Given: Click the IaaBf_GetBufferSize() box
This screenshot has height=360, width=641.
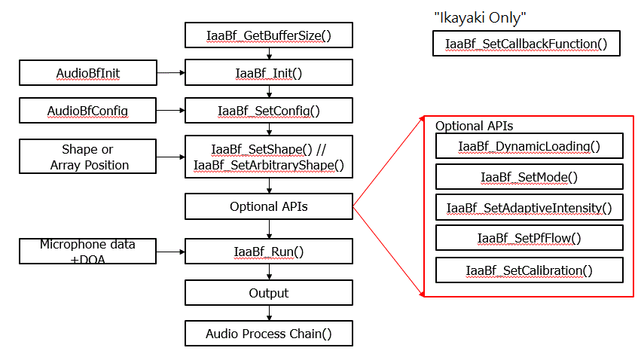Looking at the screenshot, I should pos(269,34).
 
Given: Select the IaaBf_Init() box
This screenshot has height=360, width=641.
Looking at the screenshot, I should pos(269,72).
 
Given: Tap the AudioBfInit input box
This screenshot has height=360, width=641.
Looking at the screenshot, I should pos(88,73).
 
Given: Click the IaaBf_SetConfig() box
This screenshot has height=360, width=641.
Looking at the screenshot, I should pos(269,111).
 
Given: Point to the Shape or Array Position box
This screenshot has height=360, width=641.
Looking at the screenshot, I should pos(88,157).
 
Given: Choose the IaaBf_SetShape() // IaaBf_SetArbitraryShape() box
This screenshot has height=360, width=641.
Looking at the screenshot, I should pos(269,157).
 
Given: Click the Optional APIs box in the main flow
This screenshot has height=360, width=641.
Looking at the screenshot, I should pos(269,206).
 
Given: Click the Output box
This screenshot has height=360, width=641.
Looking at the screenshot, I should pos(269,293).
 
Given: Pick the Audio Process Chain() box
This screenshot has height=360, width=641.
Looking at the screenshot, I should pos(269,333).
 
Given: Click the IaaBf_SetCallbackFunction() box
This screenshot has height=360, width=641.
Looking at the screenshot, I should pos(526,44).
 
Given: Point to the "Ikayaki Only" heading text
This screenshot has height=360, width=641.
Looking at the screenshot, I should pos(480,17).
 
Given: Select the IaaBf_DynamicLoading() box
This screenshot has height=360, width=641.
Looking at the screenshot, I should pos(529,146).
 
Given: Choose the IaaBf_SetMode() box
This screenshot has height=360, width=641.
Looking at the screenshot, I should pos(529,177).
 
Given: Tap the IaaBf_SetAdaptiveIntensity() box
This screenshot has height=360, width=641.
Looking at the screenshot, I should pos(529,207).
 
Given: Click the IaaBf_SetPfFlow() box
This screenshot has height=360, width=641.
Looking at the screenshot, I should pos(529,238).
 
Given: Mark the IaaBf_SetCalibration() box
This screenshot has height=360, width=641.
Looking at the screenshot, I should pos(529,270).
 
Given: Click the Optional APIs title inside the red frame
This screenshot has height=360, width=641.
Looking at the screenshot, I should pos(474,126).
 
